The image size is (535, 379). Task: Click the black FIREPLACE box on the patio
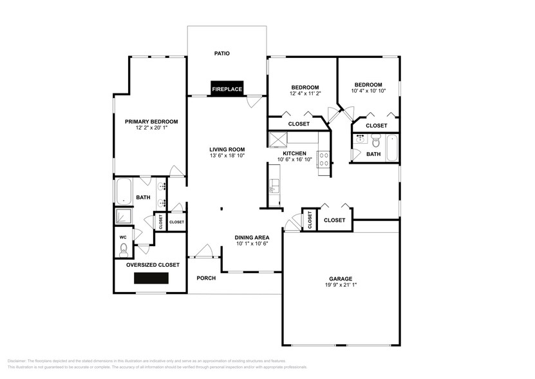(227, 89)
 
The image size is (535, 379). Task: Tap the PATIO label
(222, 53)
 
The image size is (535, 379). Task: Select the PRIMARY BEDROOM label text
(151, 121)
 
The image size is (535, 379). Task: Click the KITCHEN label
(294, 153)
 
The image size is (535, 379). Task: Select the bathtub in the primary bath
(124, 190)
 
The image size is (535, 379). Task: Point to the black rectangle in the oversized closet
(151, 278)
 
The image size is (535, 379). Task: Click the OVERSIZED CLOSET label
(153, 264)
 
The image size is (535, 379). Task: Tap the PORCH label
(206, 278)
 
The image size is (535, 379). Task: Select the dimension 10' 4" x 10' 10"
(368, 92)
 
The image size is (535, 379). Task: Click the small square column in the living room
(221, 208)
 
